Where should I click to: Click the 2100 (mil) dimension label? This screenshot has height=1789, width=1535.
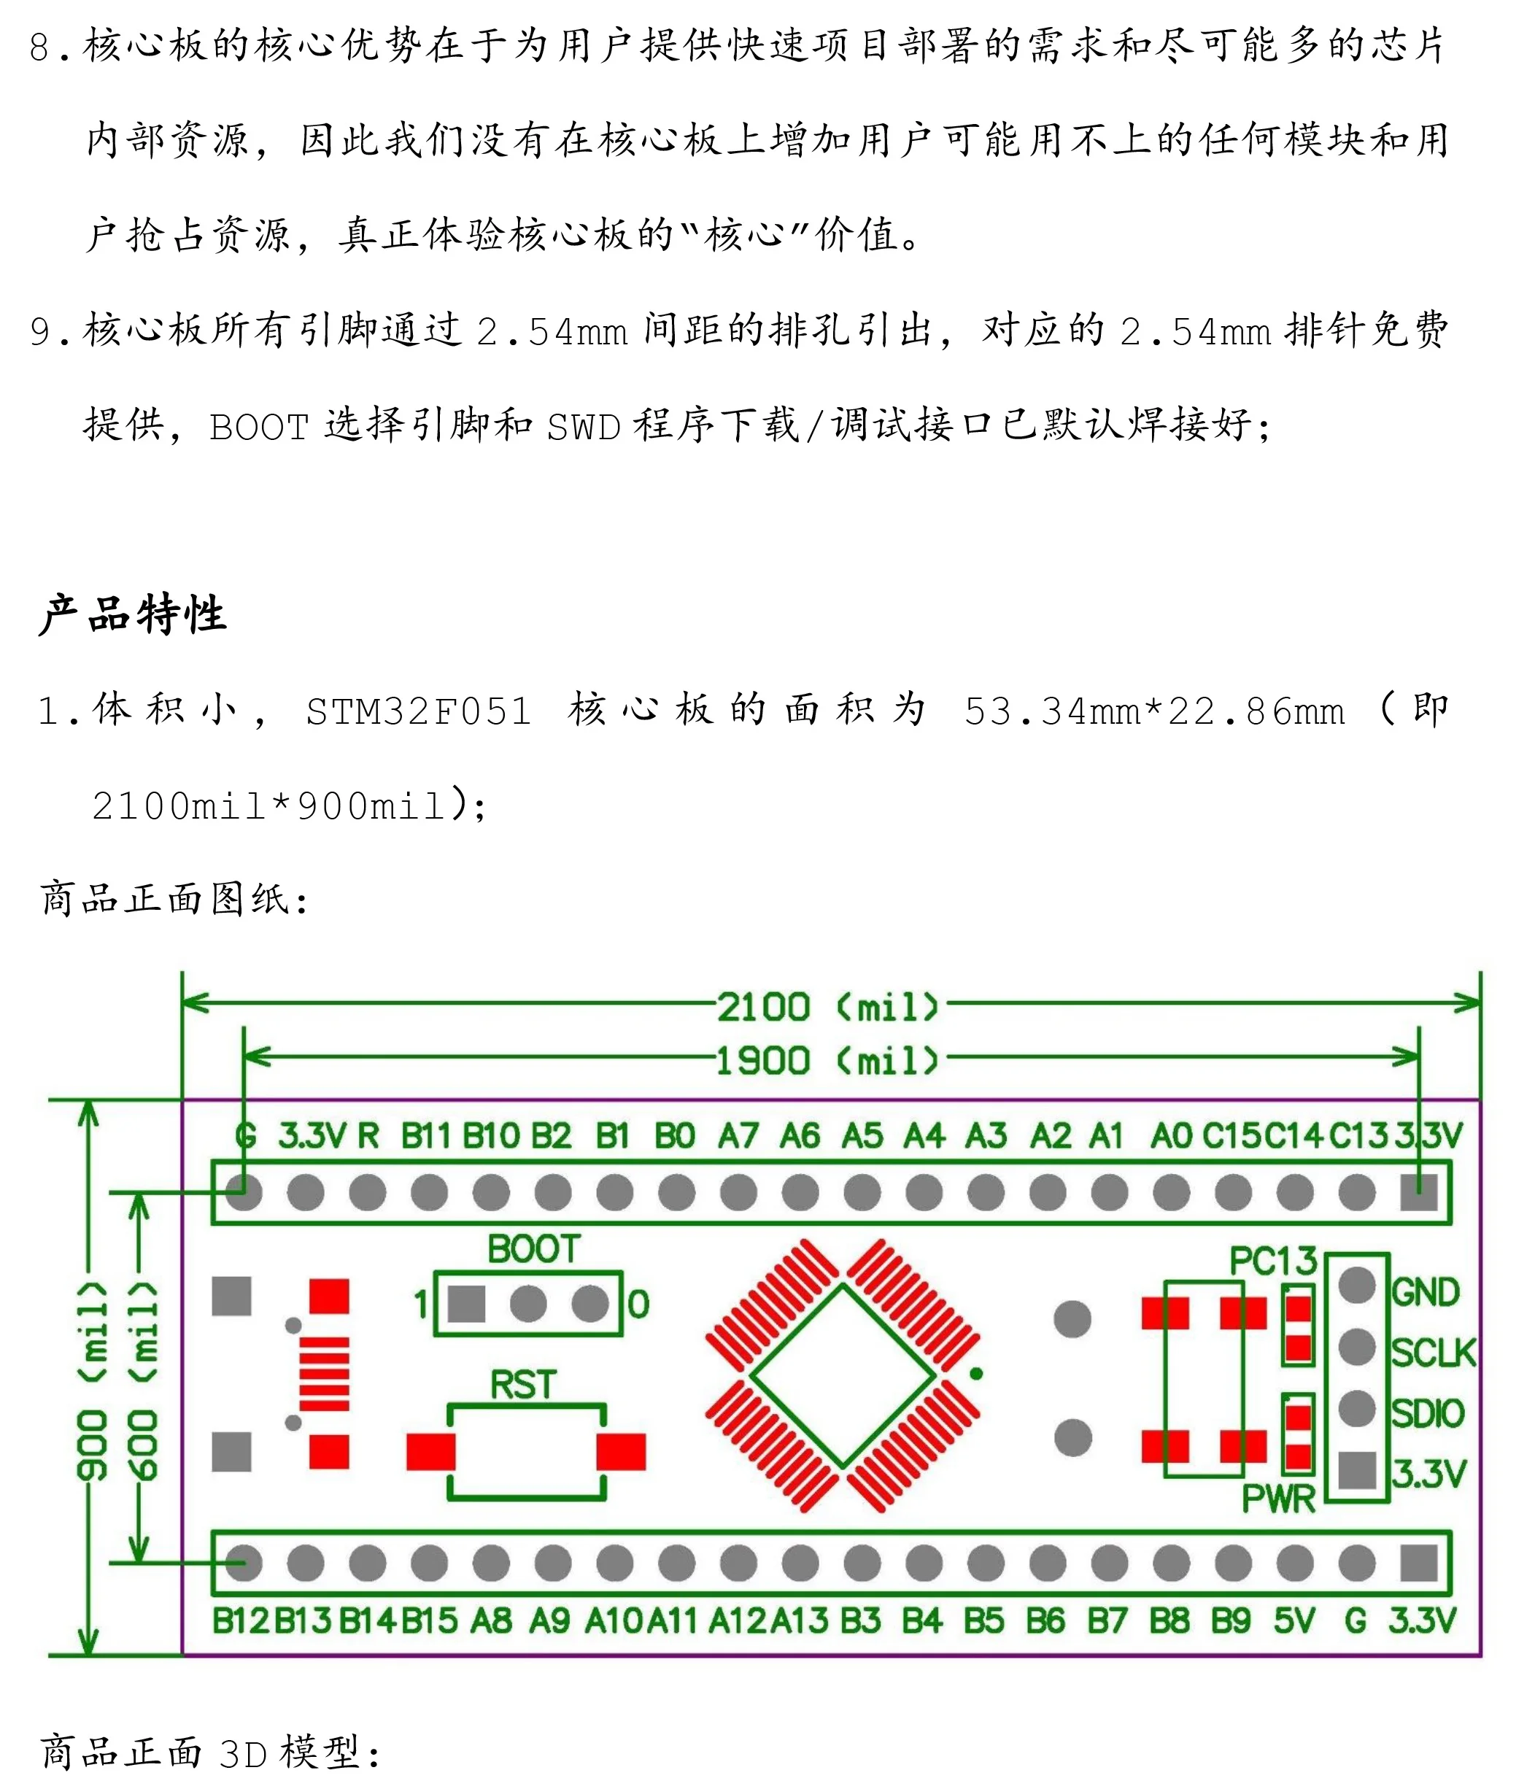[827, 1007]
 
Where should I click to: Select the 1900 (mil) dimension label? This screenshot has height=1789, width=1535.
[827, 1060]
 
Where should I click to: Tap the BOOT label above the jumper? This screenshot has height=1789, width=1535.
[533, 1249]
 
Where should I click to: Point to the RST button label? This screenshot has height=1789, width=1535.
[523, 1385]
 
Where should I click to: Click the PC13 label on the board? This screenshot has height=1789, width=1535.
[1272, 1261]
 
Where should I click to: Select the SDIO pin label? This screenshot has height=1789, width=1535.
[1428, 1413]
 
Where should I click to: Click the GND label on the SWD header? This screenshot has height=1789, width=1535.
[1426, 1293]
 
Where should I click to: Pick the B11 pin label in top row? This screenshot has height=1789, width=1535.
[425, 1135]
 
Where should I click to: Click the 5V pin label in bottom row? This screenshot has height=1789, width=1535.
[1294, 1620]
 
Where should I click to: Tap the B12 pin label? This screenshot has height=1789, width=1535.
[241, 1620]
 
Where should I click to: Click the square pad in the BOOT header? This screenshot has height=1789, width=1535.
[466, 1304]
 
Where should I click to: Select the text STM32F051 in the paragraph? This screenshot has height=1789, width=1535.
[419, 712]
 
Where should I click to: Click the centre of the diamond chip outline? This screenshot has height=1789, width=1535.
[843, 1375]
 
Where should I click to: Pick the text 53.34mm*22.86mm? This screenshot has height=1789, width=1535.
[1154, 712]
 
